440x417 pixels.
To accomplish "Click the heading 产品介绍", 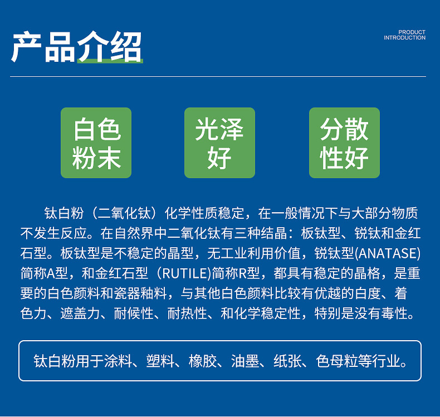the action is [77, 47].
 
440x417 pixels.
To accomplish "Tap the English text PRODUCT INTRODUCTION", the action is [404, 35].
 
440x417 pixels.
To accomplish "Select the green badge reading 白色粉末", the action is [96, 143].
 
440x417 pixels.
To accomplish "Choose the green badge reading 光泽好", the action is [219, 143].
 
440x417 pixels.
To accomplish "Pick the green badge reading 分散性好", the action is [344, 143].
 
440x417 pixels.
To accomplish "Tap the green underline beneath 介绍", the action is [110, 61].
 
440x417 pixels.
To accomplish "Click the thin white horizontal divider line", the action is [218, 76].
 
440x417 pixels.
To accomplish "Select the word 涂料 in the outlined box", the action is [118, 361].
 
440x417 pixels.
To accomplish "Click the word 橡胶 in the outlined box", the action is [203, 361].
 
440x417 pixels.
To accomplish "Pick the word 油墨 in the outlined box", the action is [245, 361].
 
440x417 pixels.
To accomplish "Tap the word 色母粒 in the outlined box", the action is [337, 361].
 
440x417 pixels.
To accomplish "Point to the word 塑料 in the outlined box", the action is [160, 361].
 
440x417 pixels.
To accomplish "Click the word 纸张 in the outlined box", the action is [287, 361].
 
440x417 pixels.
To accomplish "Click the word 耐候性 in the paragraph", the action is [134, 313].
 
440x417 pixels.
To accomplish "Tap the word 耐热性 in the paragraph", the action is [187, 313].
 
